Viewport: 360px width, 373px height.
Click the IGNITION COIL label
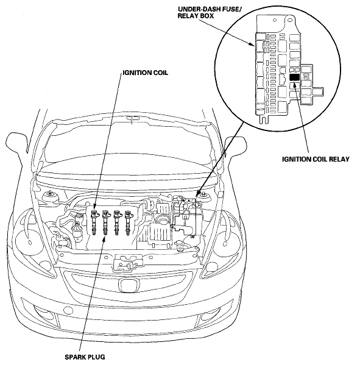(146, 73)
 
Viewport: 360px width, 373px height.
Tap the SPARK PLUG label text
(85, 357)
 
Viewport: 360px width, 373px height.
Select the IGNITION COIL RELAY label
(316, 159)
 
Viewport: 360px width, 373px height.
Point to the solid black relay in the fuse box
(294, 77)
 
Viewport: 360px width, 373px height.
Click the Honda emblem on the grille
(129, 285)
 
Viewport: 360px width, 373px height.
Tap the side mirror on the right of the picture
(235, 147)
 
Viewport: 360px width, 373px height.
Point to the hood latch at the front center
(129, 263)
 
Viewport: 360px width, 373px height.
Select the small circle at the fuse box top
(275, 21)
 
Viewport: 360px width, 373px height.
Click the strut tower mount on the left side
(50, 197)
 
